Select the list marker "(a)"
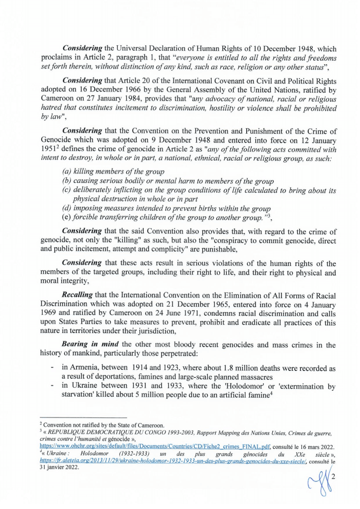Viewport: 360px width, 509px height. click(x=67, y=171)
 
